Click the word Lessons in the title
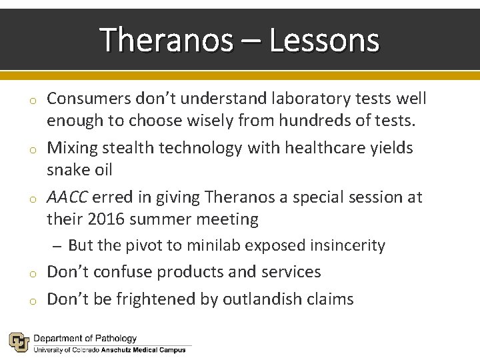tap(325, 40)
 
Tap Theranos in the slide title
tap(167, 40)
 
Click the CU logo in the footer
tap(19, 342)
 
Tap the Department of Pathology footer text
tap(85, 339)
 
